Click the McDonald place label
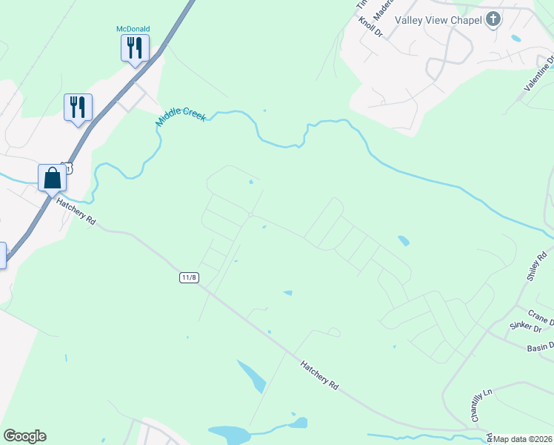pyautogui.click(x=133, y=29)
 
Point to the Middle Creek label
pyautogui.click(x=181, y=117)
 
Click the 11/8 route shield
pyautogui.click(x=189, y=277)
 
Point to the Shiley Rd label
pyautogui.click(x=535, y=266)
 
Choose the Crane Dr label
pyautogui.click(x=541, y=317)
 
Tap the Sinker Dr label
pyautogui.click(x=526, y=327)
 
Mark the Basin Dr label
pyautogui.click(x=541, y=347)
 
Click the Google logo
pyautogui.click(x=24, y=436)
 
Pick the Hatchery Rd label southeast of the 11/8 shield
pyautogui.click(x=320, y=375)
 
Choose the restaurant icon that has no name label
pyautogui.click(x=78, y=107)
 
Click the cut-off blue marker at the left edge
pyautogui.click(x=2, y=255)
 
